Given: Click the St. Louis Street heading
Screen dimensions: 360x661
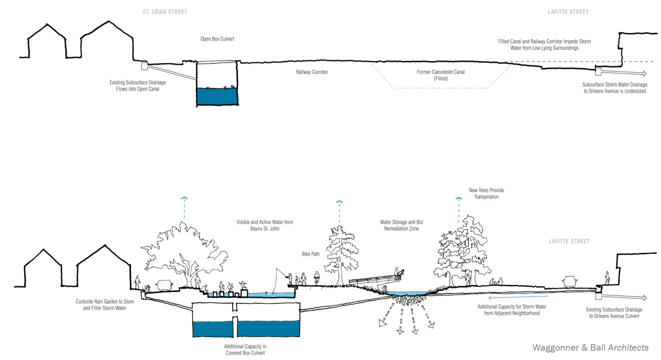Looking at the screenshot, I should click(165, 12).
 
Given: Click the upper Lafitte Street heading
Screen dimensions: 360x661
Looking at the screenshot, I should click(568, 12).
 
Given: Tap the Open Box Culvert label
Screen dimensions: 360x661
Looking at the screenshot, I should click(217, 39).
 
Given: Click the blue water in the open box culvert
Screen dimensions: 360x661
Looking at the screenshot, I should click(217, 96).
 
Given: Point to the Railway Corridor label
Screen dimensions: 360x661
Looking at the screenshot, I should click(312, 72).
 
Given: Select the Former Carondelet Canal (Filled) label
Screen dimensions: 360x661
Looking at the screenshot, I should click(440, 75).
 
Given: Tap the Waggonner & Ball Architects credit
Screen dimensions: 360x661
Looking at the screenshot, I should click(590, 348).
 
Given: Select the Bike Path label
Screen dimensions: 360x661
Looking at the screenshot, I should click(311, 254).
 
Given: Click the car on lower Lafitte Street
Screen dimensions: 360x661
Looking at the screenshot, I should click(569, 282).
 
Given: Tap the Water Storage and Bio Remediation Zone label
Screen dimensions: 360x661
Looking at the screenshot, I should click(401, 225).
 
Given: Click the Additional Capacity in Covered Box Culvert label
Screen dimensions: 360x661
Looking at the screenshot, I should click(245, 350).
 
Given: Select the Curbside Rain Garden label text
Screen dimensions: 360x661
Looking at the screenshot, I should click(105, 305).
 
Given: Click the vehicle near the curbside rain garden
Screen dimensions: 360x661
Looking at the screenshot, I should click(164, 284).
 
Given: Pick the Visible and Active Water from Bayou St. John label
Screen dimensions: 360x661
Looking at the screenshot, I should click(264, 225).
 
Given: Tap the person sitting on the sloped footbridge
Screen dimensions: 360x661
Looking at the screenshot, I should click(398, 272).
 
